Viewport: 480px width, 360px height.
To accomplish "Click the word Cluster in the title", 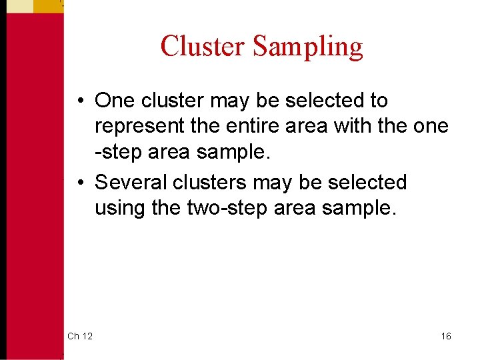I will pyautogui.click(x=203, y=47).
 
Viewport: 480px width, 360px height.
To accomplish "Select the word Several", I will pyautogui.click(x=132, y=182).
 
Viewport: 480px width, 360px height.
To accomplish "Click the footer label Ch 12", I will pyautogui.click(x=79, y=336).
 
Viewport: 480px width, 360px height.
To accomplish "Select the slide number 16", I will pyautogui.click(x=445, y=336).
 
